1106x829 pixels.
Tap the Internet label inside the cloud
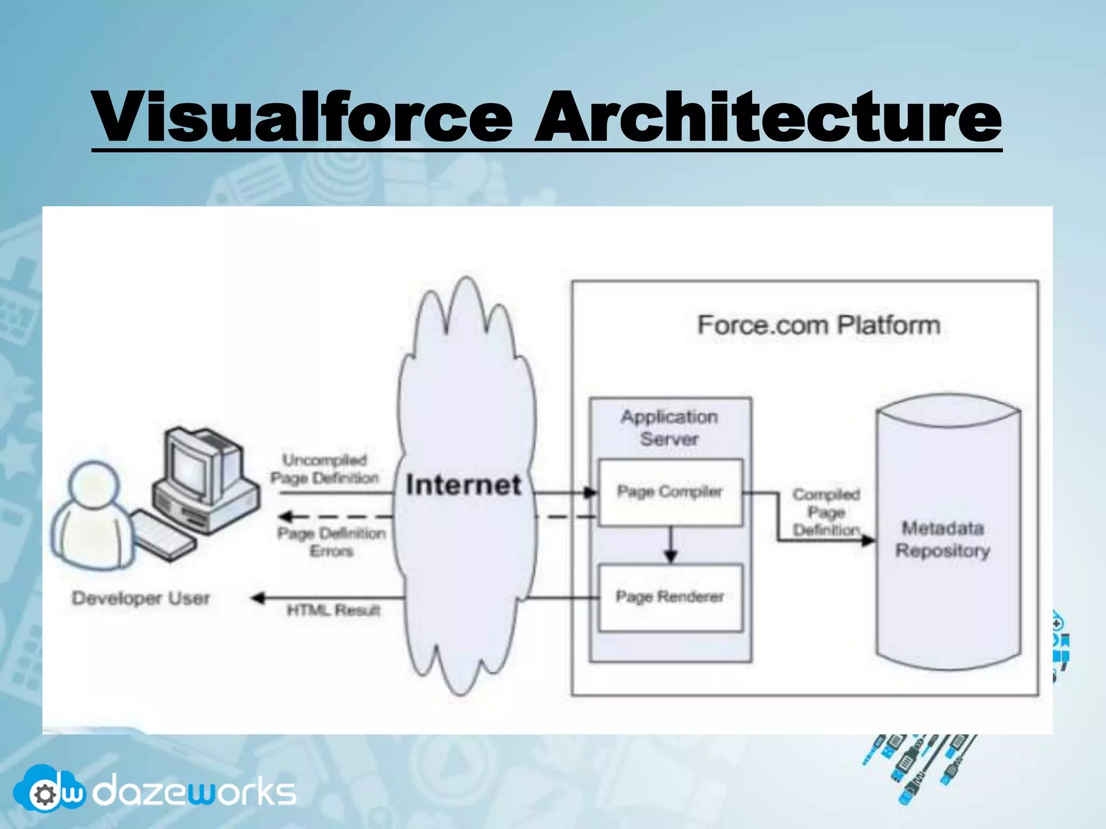pyautogui.click(x=463, y=485)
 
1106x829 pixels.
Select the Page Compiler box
pyautogui.click(x=670, y=492)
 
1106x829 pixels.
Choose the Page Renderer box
pyautogui.click(x=670, y=597)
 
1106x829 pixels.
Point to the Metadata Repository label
pyautogui.click(x=943, y=539)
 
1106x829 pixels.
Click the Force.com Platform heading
pyautogui.click(x=819, y=325)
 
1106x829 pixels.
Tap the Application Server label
pyautogui.click(x=670, y=427)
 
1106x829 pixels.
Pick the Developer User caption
pyautogui.click(x=141, y=598)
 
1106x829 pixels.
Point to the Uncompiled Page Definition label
pyautogui.click(x=325, y=469)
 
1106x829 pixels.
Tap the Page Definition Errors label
pyautogui.click(x=332, y=542)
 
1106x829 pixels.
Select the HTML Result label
pyautogui.click(x=334, y=610)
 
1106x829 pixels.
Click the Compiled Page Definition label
pyautogui.click(x=826, y=512)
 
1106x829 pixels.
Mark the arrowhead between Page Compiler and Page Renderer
pyautogui.click(x=671, y=556)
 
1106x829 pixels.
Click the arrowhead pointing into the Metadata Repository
pyautogui.click(x=868, y=540)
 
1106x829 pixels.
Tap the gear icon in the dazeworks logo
pyautogui.click(x=44, y=794)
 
